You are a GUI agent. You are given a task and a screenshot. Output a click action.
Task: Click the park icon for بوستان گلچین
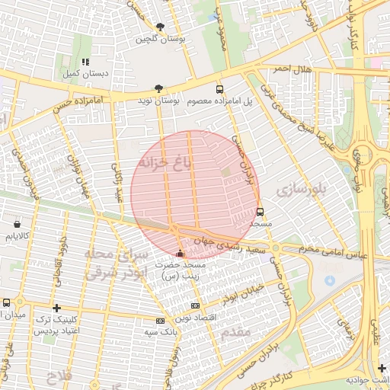click(x=158, y=25)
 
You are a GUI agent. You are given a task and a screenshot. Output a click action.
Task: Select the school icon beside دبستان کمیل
click(x=85, y=62)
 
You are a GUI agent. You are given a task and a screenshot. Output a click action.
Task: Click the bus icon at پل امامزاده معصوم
click(x=219, y=88)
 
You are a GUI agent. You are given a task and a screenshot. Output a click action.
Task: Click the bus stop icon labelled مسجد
click(x=261, y=213)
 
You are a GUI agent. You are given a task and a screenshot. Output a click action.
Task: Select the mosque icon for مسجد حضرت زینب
click(x=180, y=252)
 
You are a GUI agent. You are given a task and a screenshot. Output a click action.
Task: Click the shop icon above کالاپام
click(x=17, y=225)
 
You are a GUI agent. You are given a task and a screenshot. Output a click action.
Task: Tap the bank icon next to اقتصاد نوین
click(x=160, y=321)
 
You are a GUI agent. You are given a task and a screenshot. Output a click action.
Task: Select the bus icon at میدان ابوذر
click(x=6, y=302)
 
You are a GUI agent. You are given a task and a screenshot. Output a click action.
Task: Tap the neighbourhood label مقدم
click(x=236, y=334)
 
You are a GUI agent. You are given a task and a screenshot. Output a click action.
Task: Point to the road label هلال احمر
click(x=290, y=69)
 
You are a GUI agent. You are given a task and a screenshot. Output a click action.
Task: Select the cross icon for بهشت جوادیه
click(x=382, y=368)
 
